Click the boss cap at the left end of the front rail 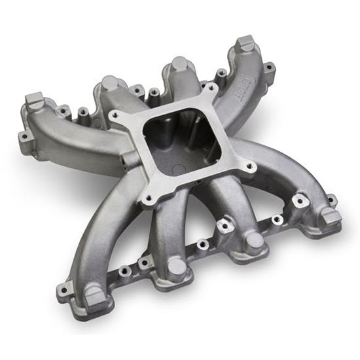(x=95, y=298)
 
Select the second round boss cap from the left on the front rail (x=177, y=266)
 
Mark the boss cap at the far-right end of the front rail (x=331, y=216)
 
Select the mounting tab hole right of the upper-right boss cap (x=268, y=65)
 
